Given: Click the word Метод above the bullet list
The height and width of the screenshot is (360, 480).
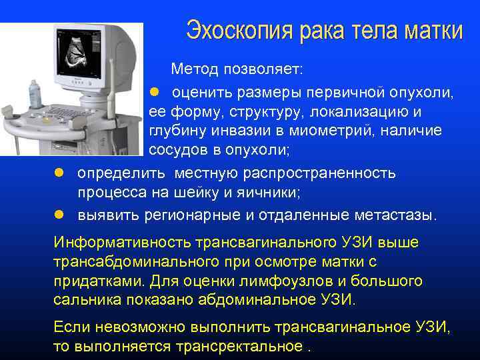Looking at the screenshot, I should [194, 69].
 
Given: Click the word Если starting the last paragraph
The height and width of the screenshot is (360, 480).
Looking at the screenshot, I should [70, 327].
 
